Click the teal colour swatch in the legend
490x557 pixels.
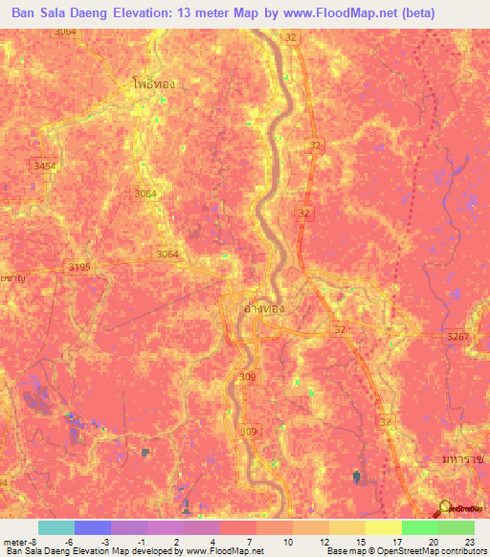[x=56, y=527]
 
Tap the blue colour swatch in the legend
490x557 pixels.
[x=92, y=527]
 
